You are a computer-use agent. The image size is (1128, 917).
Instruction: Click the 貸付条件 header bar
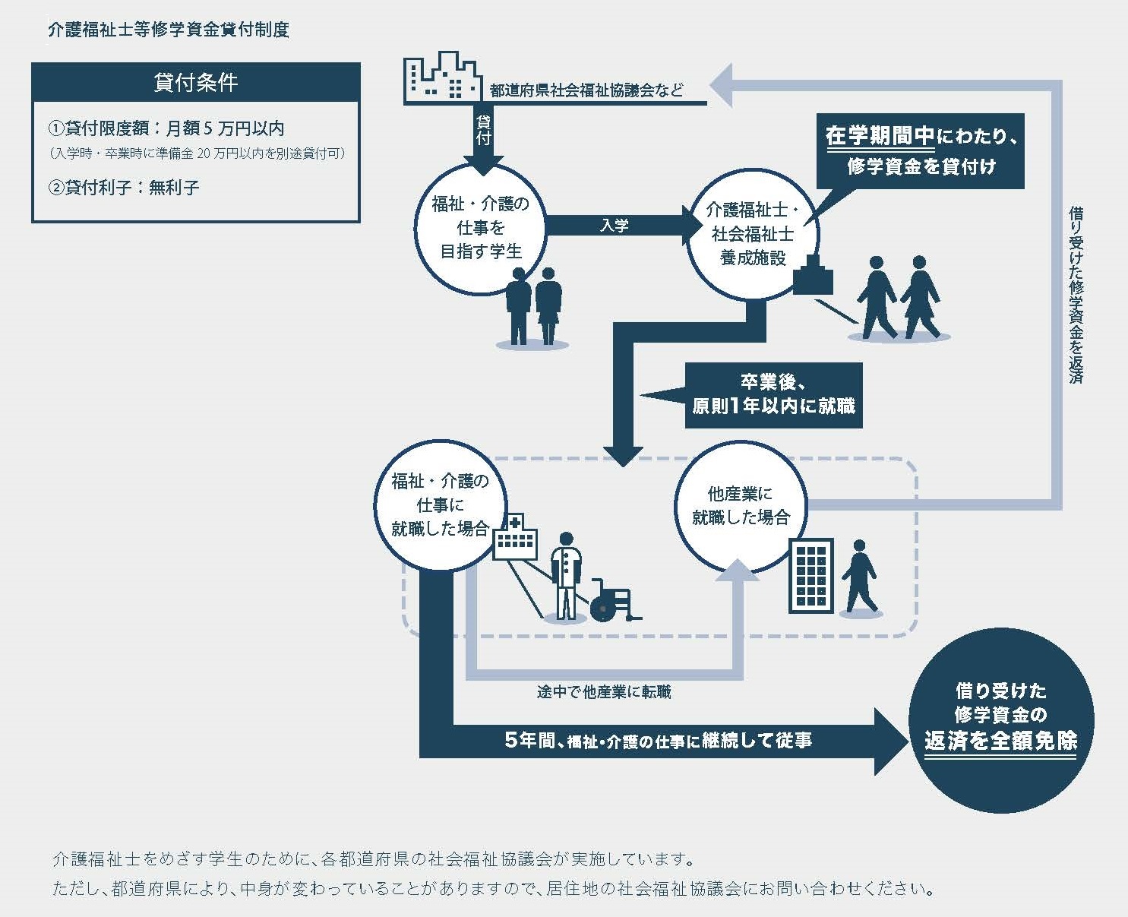tap(195, 82)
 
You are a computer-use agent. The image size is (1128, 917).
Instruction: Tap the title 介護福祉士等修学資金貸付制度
tap(168, 30)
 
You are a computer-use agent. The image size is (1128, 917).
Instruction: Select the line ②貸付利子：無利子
tap(124, 187)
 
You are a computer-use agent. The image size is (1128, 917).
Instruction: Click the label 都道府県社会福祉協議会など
tap(586, 90)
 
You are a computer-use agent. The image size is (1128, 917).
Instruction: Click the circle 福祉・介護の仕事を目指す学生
tap(481, 228)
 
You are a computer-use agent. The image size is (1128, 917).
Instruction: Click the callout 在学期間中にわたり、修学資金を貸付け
tap(921, 151)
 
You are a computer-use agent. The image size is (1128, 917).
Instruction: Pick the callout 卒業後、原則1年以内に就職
tap(773, 395)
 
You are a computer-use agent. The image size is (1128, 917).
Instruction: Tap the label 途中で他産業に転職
tap(604, 692)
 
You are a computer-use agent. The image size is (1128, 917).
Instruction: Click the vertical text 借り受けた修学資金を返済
tap(1075, 292)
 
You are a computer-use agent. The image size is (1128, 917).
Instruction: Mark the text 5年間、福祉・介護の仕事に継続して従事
tap(658, 740)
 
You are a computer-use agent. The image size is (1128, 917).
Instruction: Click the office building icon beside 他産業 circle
tap(810, 575)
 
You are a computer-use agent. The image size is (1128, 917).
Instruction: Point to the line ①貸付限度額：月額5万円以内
tap(166, 128)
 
